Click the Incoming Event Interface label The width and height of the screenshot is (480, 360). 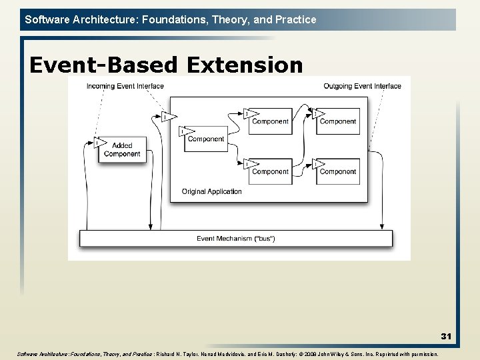pos(125,86)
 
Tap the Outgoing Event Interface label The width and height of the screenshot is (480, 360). pos(362,86)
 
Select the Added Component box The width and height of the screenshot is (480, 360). pos(122,150)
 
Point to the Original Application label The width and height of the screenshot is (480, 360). pos(211,192)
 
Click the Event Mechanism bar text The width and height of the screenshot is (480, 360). pos(236,239)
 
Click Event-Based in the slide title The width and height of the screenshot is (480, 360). pos(104,65)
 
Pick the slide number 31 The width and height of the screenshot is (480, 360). pos(445,337)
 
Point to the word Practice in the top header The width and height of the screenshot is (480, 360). pos(295,19)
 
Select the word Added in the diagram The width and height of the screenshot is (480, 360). pos(122,145)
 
